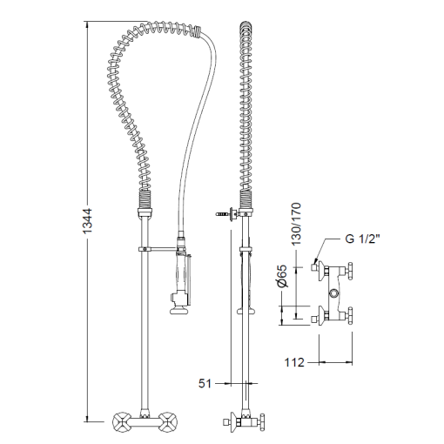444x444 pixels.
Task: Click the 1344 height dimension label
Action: (87, 221)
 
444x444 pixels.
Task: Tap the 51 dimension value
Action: (205, 383)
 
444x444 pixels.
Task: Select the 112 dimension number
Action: (294, 362)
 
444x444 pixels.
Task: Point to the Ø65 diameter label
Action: (281, 276)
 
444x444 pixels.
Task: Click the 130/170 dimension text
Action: (296, 224)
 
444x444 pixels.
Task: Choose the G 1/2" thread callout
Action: (363, 239)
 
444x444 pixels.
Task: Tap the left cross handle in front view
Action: (122, 421)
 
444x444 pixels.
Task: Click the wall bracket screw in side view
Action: (223, 214)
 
